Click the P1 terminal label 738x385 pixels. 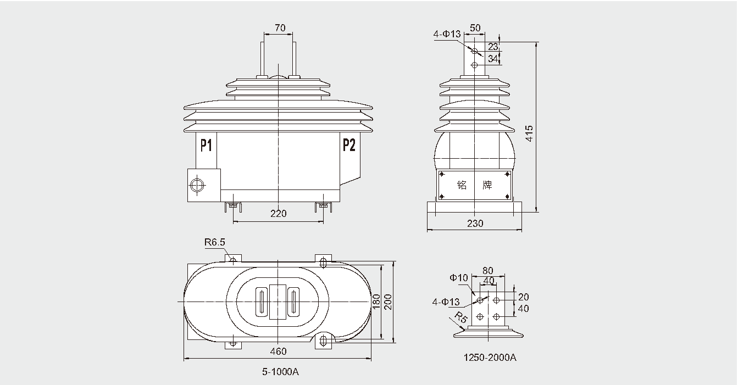point(206,146)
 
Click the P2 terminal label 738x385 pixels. point(349,145)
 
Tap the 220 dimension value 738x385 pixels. point(279,214)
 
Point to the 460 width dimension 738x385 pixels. point(279,351)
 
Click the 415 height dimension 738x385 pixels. point(529,133)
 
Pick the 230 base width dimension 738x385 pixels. point(475,223)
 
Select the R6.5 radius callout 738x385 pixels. point(214,242)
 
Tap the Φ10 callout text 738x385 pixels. point(458,278)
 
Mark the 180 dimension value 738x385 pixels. point(376,302)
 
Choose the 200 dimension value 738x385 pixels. point(389,302)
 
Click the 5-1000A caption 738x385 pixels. point(280,372)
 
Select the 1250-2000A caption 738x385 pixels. point(490,358)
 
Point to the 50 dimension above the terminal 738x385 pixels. point(475,28)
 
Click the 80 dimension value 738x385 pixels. point(487,270)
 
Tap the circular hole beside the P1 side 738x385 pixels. point(197,185)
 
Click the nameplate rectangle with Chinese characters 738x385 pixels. point(475,185)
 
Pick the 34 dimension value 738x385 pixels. point(493,58)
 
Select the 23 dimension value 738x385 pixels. point(493,47)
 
